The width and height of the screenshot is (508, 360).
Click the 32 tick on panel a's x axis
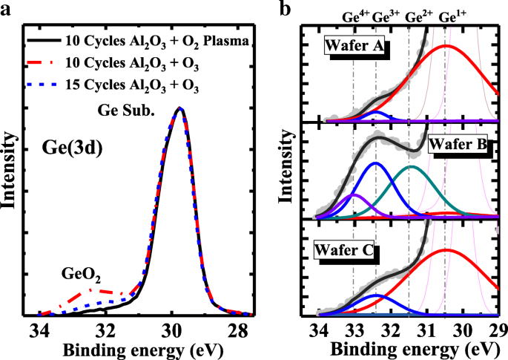[105, 330]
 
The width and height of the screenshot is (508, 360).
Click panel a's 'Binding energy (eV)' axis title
[139, 349]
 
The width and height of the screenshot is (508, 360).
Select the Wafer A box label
[352, 48]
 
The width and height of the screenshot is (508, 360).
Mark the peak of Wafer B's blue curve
[376, 163]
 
